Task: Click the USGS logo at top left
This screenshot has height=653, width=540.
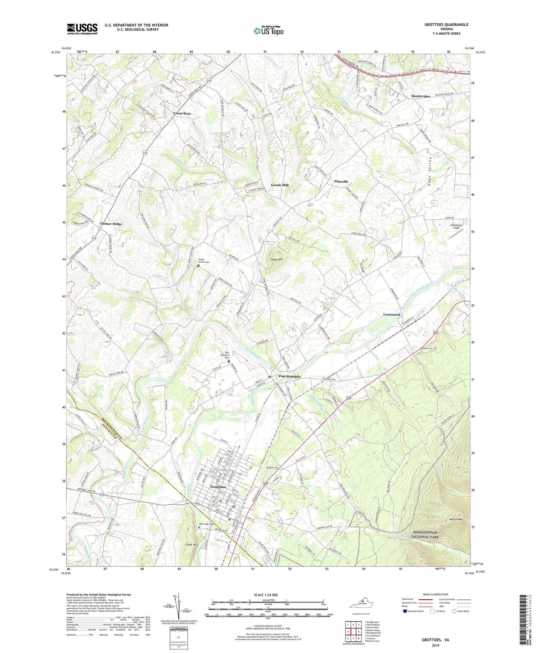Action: (x=82, y=29)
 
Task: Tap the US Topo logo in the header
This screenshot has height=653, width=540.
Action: (x=268, y=31)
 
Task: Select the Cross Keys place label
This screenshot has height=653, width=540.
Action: (x=182, y=113)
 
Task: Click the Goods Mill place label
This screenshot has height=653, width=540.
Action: (x=280, y=185)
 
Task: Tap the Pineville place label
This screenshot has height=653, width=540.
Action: (x=341, y=182)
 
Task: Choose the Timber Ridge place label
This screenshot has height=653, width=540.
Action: (x=111, y=224)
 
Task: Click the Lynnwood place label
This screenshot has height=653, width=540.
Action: (x=391, y=314)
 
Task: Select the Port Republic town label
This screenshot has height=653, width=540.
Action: (x=289, y=376)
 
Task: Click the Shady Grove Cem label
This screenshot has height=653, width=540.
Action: (x=204, y=260)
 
